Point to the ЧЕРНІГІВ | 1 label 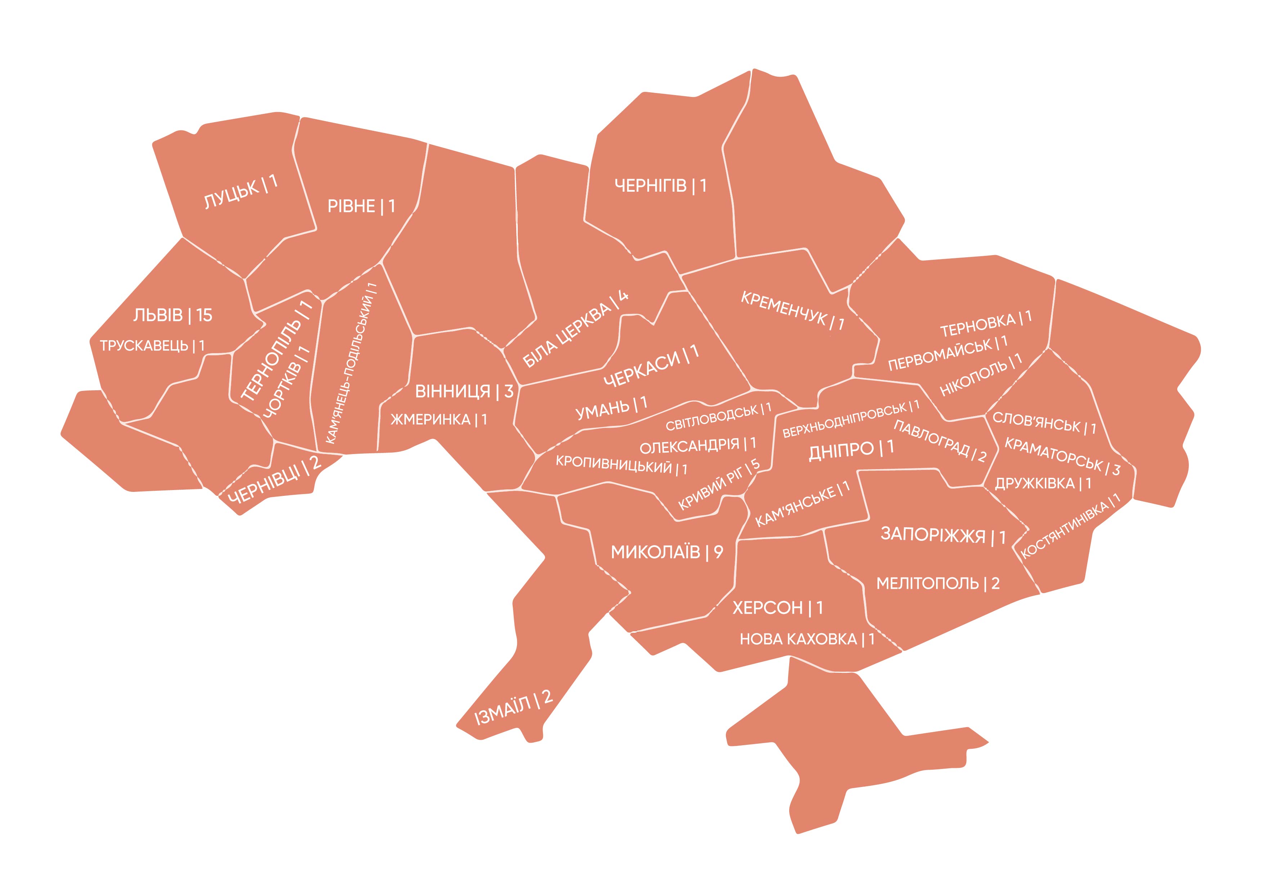[660, 186]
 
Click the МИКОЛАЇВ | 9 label [667, 552]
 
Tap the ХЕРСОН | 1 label [777, 608]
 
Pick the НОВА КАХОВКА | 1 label [806, 639]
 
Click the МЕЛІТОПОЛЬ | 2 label [937, 583]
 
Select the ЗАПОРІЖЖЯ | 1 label [943, 535]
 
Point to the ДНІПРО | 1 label [851, 450]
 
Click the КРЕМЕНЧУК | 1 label [792, 311]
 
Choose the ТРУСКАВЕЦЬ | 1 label [152, 346]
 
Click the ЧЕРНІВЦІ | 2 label [274, 479]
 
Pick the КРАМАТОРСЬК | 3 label [1062, 456]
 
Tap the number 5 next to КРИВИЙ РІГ [756, 464]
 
